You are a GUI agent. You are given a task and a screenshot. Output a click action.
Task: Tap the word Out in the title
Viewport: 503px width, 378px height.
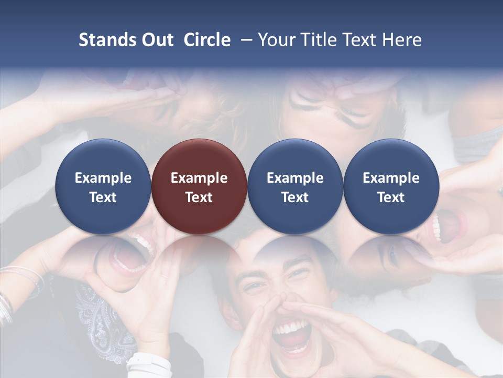(157, 40)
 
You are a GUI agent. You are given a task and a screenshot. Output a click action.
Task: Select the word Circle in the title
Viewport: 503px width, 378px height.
(207, 40)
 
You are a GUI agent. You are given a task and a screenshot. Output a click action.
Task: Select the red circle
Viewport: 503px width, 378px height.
(199, 186)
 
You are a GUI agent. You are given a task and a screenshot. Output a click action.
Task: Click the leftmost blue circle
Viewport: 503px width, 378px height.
(103, 186)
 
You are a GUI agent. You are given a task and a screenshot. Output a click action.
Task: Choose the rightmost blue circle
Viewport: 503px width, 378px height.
(391, 186)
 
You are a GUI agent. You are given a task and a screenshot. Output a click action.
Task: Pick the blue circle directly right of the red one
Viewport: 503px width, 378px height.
(295, 186)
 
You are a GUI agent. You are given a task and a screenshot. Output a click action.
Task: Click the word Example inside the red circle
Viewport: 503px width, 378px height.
(199, 178)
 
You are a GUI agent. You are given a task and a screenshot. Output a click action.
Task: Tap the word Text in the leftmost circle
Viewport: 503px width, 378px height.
(103, 197)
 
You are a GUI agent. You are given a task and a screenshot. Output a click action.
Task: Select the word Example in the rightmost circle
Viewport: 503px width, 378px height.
(391, 178)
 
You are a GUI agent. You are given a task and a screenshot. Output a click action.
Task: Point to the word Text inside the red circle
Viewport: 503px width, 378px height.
(199, 197)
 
